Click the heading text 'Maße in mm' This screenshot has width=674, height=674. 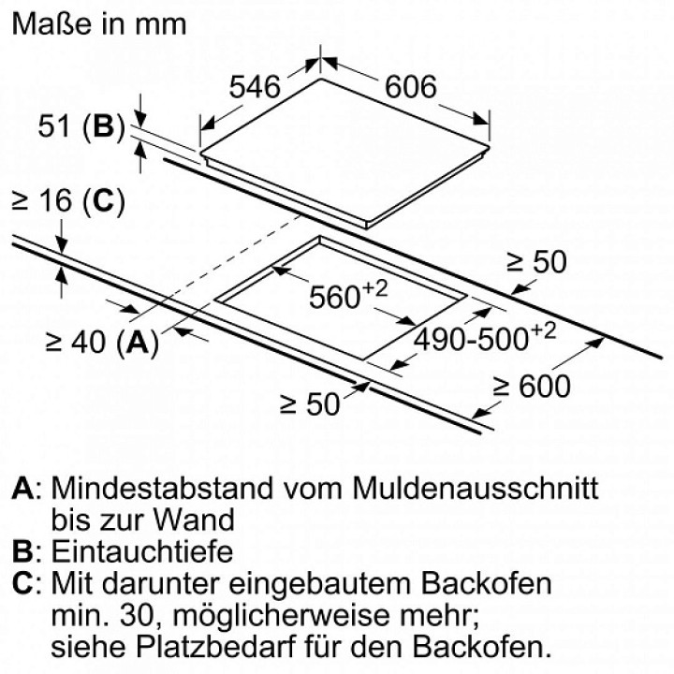99,24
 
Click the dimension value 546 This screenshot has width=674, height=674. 255,87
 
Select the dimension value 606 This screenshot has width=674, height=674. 411,87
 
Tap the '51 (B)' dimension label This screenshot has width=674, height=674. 81,126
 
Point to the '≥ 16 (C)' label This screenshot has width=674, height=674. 68,200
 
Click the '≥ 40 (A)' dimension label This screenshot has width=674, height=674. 102,343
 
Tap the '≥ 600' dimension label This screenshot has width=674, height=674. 532,386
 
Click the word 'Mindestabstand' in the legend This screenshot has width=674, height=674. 163,489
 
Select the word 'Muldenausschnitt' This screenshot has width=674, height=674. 476,489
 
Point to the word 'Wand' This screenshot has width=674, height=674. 195,520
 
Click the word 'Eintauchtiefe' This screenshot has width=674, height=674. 142,551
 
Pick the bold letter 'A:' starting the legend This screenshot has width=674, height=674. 26,489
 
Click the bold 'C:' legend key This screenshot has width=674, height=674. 26,584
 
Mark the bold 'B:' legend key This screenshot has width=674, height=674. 26,551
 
